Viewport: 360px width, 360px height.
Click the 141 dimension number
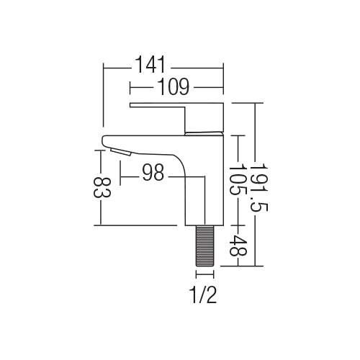point(150,64)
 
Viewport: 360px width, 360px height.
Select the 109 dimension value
point(174,86)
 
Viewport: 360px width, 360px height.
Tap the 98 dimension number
point(153,172)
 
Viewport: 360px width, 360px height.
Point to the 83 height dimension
point(102,188)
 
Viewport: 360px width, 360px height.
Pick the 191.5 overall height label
point(258,187)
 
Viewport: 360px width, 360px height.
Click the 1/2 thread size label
point(203,294)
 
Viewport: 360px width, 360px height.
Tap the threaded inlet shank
point(205,246)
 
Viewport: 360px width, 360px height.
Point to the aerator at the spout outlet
point(120,152)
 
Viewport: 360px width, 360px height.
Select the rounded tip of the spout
point(104,140)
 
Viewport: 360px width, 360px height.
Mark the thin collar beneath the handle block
point(204,133)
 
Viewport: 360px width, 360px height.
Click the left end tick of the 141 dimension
point(104,68)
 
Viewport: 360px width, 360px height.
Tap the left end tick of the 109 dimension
point(130,88)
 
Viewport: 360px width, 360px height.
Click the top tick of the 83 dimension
point(101,150)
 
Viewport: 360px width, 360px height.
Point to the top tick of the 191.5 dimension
point(255,103)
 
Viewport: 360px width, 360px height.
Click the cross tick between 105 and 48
point(238,225)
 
